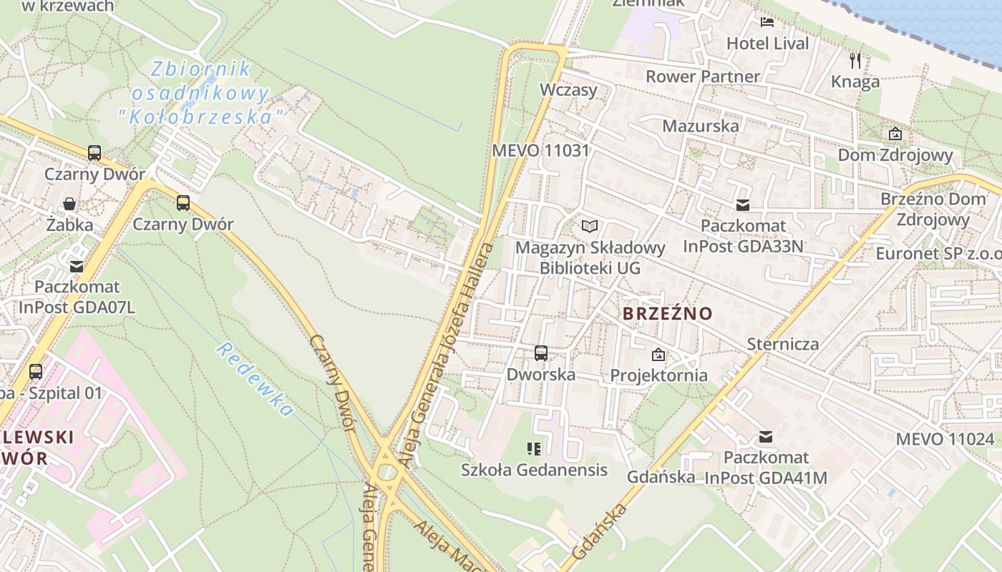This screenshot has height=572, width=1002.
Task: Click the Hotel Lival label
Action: (767, 44)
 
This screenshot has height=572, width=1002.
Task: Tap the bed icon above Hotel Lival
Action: (767, 21)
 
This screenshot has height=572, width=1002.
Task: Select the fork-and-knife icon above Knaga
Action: (855, 60)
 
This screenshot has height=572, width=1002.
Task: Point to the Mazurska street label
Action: (700, 127)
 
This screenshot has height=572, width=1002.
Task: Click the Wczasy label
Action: (568, 90)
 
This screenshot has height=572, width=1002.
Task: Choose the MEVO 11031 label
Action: (540, 151)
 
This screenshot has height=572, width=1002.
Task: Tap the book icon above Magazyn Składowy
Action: (590, 227)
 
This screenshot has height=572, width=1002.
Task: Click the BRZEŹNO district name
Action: (667, 314)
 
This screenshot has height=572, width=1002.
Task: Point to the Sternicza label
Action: (782, 344)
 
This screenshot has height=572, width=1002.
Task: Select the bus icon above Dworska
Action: (541, 352)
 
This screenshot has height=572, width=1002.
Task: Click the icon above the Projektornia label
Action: (658, 355)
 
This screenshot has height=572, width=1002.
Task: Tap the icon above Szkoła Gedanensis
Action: (533, 449)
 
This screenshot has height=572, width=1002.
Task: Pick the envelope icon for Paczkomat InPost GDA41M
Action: (766, 437)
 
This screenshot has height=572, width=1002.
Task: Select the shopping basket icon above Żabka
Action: (69, 204)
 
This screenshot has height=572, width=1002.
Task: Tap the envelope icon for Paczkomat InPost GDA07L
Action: (77, 266)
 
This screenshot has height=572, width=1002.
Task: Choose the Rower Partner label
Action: (702, 77)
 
